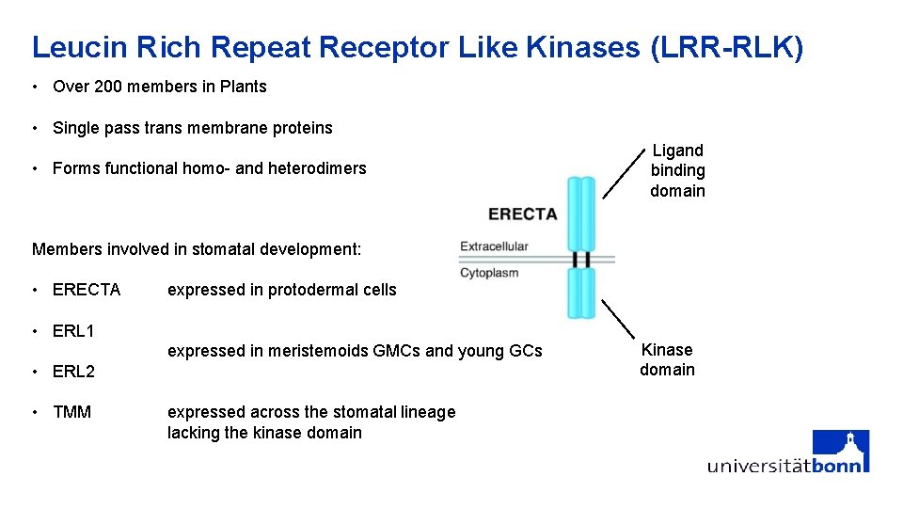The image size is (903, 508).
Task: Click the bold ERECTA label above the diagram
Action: (523, 214)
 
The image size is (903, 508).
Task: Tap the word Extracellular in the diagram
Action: (494, 246)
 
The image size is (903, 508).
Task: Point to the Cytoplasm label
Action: (489, 273)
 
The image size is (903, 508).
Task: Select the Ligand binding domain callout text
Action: (677, 170)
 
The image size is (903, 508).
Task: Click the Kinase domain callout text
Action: (667, 359)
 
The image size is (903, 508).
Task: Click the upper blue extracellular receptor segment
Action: (582, 214)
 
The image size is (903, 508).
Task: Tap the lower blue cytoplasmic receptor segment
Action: (582, 294)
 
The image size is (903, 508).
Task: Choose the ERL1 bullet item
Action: (73, 331)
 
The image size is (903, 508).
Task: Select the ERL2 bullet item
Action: (73, 372)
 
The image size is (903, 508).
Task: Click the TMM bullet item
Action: (71, 412)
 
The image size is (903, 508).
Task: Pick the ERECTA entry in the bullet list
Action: (87, 290)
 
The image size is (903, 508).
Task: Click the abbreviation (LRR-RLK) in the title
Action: (726, 47)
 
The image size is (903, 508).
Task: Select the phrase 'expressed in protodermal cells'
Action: (282, 290)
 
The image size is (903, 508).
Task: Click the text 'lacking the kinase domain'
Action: (264, 433)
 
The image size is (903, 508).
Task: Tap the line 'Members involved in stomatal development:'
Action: (197, 249)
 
